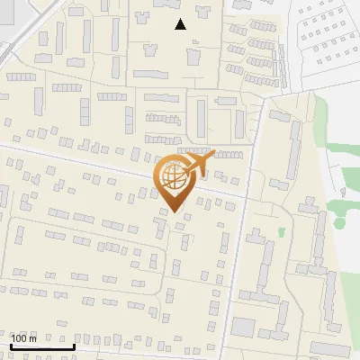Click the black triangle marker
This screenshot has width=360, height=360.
(x=180, y=24)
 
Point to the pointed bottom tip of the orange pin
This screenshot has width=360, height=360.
(x=174, y=211)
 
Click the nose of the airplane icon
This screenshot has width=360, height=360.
(x=214, y=154)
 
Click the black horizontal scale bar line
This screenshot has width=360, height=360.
(x=41, y=346)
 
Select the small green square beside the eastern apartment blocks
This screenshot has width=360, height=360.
(x=282, y=232)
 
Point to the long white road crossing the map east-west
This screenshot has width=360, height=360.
(x=90, y=162)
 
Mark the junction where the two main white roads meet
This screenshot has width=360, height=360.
(x=249, y=195)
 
